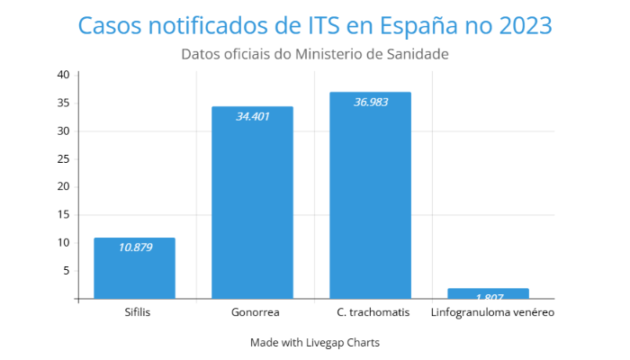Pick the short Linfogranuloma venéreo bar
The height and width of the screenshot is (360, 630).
[488, 293]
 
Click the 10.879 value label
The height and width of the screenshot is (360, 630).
[135, 247]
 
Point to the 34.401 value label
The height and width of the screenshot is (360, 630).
[252, 116]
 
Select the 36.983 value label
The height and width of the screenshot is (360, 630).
[371, 102]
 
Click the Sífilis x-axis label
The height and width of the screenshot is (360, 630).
[138, 312]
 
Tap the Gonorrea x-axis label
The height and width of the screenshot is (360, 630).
[256, 312]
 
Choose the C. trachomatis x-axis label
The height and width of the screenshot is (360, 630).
[373, 312]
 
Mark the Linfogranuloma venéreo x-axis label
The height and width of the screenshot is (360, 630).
[492, 312]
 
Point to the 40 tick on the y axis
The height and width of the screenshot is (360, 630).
[63, 75]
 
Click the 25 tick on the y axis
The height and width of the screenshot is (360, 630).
[63, 158]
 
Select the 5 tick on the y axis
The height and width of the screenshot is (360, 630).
[66, 270]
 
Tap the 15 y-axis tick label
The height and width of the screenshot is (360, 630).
[63, 214]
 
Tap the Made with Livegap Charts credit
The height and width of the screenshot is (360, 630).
[315, 342]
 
